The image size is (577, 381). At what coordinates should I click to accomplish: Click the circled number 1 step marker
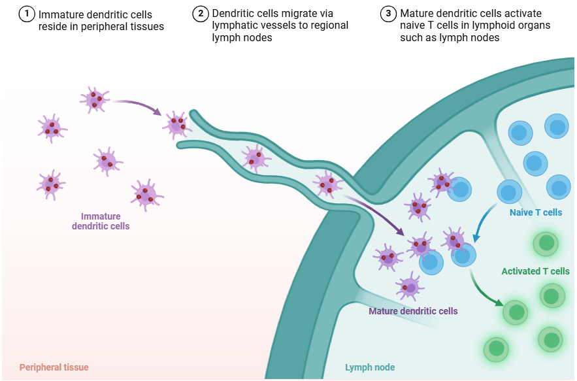[27, 14]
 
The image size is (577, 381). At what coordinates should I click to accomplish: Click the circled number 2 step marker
[201, 14]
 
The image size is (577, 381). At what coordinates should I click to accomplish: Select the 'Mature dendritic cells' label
[413, 311]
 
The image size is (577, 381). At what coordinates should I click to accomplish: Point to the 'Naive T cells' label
[535, 212]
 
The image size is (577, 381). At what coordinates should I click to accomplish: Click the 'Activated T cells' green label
[535, 271]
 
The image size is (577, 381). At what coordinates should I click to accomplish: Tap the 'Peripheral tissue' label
[54, 367]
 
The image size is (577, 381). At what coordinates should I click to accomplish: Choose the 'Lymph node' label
[370, 367]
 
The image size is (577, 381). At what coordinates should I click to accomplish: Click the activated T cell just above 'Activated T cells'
[544, 244]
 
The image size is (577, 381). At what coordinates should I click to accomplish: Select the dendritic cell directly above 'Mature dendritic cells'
[410, 286]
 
